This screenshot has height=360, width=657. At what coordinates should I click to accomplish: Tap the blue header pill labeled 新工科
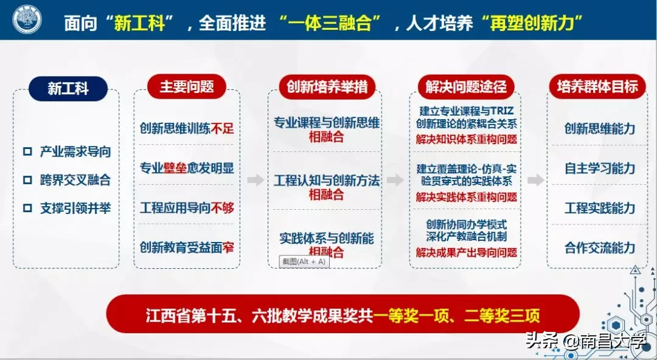tap(68, 89)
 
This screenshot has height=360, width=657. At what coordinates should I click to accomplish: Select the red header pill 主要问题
tap(187, 86)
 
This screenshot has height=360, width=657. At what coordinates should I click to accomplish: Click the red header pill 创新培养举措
tap(327, 86)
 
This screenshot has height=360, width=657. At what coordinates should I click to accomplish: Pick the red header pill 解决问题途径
tap(466, 86)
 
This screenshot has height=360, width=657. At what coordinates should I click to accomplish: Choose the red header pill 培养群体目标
tap(597, 86)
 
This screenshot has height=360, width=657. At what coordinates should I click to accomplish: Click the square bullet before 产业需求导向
tap(27, 152)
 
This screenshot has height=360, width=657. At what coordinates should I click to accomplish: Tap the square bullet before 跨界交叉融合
tap(27, 180)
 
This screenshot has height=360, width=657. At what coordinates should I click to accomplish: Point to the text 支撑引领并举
tap(75, 208)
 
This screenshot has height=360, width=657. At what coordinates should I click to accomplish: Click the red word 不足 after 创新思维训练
tap(223, 128)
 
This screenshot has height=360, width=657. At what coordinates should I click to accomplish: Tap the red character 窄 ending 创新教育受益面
tap(229, 247)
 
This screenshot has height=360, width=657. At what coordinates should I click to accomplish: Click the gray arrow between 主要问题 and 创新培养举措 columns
tap(256, 180)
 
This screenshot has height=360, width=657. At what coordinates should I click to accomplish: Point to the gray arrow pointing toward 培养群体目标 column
tap(535, 180)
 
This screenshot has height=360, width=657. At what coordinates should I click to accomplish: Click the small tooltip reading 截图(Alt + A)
tap(304, 261)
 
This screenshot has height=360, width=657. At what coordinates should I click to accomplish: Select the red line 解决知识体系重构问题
tap(467, 139)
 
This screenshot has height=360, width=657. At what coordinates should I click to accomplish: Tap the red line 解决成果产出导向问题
tap(467, 252)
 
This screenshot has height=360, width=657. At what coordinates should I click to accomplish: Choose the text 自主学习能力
tap(599, 168)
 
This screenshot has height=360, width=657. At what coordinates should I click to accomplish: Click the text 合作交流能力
tap(599, 247)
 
